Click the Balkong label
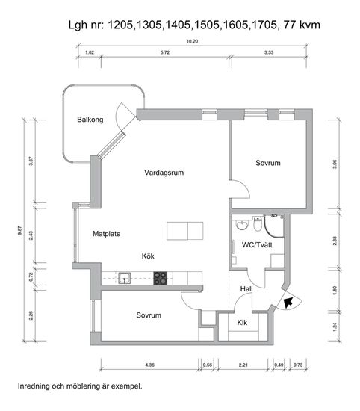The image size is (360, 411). [x=90, y=120]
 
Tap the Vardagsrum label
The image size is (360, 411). [x=164, y=173]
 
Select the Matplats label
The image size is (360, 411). [x=106, y=234]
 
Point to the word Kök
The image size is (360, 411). [x=148, y=256]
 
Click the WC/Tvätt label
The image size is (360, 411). [x=257, y=245]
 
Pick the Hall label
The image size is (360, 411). [x=246, y=289]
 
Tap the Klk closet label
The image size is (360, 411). [x=242, y=322]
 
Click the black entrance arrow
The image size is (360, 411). [x=288, y=302]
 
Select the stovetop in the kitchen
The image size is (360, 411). [x=161, y=278]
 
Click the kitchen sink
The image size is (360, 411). [x=125, y=278]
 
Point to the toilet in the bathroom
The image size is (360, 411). [x=258, y=224]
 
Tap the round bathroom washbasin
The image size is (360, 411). [x=242, y=225]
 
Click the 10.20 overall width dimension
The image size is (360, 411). [x=192, y=41]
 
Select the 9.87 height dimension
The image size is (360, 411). [x=20, y=230]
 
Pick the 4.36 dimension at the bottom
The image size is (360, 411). [x=149, y=365]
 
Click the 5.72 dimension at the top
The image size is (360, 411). [x=165, y=52]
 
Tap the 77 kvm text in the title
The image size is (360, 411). [x=302, y=25]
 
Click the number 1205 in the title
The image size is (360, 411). [x=120, y=25]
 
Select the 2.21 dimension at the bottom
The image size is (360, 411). [x=243, y=365]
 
